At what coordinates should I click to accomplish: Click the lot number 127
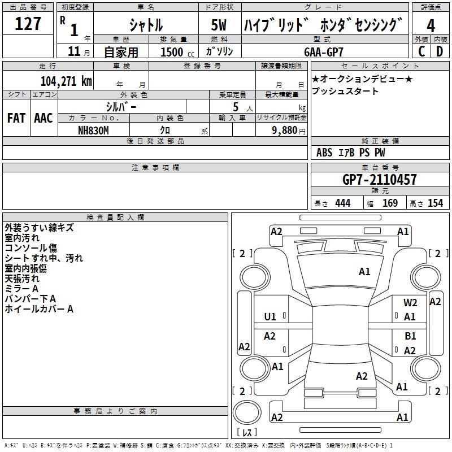(28, 24)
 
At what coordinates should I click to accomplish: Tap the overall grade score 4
(431, 26)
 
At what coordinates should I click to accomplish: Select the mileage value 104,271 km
(66, 81)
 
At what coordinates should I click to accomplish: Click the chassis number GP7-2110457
(380, 180)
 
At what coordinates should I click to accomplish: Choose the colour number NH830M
(94, 129)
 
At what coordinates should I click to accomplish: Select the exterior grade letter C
(421, 51)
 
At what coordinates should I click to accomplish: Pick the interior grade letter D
(440, 51)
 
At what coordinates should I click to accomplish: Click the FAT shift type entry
(16, 118)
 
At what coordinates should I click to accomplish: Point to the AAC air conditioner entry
(44, 118)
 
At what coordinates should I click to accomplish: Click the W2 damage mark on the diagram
(410, 303)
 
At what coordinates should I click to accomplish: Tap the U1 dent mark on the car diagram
(270, 316)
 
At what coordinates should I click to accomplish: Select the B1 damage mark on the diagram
(410, 336)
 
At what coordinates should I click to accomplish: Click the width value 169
(390, 203)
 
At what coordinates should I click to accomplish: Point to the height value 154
(435, 203)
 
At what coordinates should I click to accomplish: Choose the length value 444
(342, 203)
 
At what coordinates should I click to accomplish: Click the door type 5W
(220, 25)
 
